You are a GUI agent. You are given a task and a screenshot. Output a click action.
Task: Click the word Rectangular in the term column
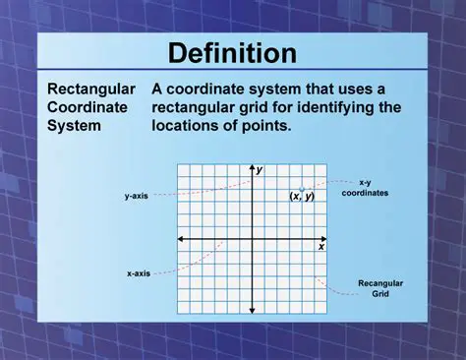91,89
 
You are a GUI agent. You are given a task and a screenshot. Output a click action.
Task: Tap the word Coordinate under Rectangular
87,107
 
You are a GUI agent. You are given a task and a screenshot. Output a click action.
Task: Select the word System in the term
72,126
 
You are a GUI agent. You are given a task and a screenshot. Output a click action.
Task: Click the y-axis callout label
136,196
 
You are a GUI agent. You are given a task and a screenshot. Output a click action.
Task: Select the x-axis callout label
138,272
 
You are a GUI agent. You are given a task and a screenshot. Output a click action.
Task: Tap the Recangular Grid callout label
379,288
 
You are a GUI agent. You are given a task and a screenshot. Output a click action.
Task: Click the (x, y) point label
302,196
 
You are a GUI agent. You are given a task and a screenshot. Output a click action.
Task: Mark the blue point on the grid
303,187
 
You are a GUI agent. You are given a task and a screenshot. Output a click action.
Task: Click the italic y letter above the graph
260,170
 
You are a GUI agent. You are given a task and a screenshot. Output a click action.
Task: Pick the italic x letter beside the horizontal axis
320,247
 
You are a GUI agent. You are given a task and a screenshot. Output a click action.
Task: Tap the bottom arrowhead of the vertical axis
252,312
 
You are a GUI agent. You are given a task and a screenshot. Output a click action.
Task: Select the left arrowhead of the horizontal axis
180,239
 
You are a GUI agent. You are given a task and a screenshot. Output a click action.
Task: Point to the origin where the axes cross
252,239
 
